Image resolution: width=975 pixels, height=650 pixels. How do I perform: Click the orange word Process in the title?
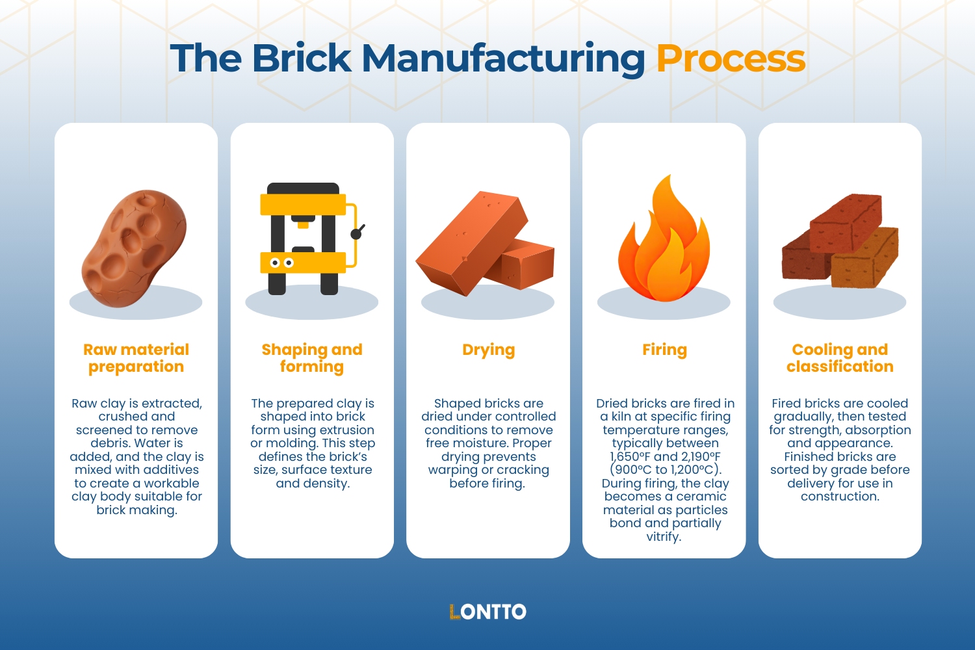tap(731, 58)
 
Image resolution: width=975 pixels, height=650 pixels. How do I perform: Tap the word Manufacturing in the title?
tap(503, 58)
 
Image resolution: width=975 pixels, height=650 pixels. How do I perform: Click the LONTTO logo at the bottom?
tap(487, 612)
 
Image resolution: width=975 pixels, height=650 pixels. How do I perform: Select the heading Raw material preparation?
tap(136, 358)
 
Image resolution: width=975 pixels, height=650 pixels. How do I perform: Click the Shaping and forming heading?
tap(312, 358)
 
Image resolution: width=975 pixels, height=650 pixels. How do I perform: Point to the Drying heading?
tap(488, 350)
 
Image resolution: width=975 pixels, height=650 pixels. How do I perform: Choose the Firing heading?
tap(664, 350)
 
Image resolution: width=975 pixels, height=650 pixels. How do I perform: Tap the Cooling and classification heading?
tap(840, 358)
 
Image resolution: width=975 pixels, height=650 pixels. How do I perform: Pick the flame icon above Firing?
tap(664, 244)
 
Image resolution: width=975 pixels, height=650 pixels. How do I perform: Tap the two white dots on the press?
tap(281, 263)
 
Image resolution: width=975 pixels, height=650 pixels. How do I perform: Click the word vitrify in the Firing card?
tap(663, 537)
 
